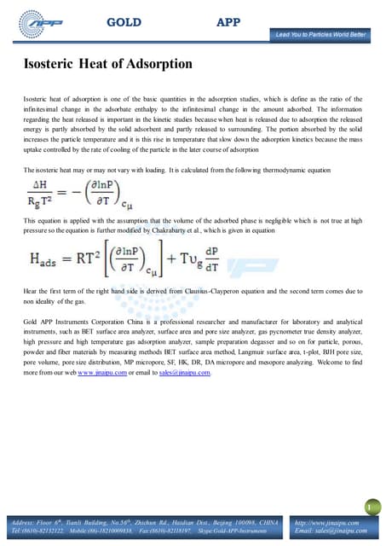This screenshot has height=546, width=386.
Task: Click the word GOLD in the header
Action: point(124,22)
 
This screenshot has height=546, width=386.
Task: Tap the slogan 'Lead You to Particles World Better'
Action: point(320,35)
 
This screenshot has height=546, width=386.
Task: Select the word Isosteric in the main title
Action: point(55,63)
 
